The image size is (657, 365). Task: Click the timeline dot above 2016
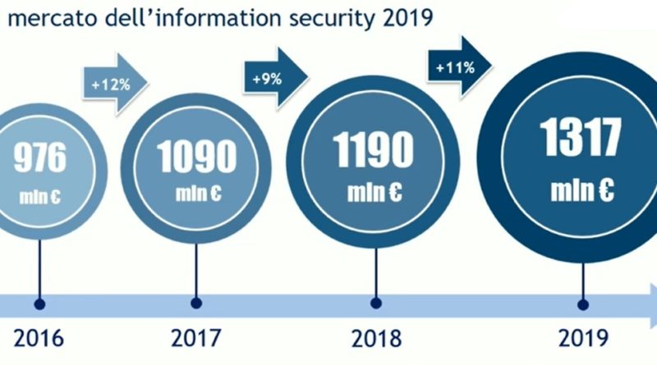[x=39, y=303]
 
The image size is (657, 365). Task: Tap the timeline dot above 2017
[x=195, y=303]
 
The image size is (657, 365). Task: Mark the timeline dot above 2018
[x=375, y=303]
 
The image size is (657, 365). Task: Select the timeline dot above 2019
[x=583, y=303]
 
